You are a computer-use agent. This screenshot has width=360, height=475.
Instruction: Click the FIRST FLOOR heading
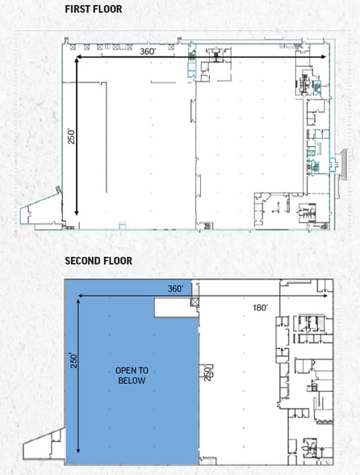94,9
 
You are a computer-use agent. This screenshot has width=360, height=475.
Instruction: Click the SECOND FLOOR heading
98,261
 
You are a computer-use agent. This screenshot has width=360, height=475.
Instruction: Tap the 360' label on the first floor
148,52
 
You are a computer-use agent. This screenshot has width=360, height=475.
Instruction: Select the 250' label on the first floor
71,137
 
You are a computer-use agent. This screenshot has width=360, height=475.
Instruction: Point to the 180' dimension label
261,308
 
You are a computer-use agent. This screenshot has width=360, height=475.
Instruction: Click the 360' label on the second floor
176,288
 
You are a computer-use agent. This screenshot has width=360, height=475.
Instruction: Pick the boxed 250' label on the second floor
207,372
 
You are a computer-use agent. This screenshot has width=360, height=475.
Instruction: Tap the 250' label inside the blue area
74,360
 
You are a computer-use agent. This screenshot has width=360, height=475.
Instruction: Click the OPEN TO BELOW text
132,376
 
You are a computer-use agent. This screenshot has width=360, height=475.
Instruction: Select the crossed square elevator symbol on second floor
194,302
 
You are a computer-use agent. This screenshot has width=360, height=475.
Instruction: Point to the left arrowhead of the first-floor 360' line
77,57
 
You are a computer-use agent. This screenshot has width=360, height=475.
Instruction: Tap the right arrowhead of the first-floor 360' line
324,57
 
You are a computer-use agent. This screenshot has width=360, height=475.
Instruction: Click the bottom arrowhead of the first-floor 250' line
77,213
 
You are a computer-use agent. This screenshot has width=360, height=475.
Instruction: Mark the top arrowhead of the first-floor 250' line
77,61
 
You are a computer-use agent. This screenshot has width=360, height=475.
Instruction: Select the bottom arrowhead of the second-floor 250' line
78,451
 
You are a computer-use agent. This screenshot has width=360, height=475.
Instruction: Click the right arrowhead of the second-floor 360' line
325,296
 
